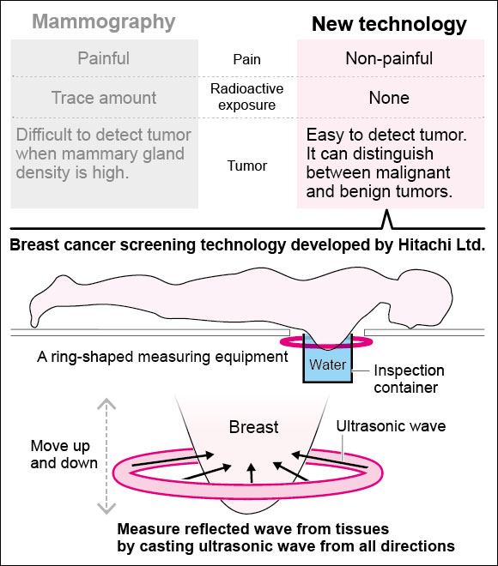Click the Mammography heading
[x=104, y=22]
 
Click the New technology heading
[x=389, y=25]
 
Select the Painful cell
[x=104, y=58]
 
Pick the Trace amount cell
[x=104, y=98]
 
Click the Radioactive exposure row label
[x=246, y=97]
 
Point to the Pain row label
[x=246, y=59]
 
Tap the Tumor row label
[x=247, y=166]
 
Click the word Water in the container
[x=327, y=364]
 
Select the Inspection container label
[x=409, y=379]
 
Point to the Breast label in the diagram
[x=253, y=427]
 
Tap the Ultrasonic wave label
[x=391, y=426]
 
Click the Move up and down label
[x=64, y=455]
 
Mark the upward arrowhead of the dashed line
[x=106, y=404]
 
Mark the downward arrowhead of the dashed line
[x=106, y=509]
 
